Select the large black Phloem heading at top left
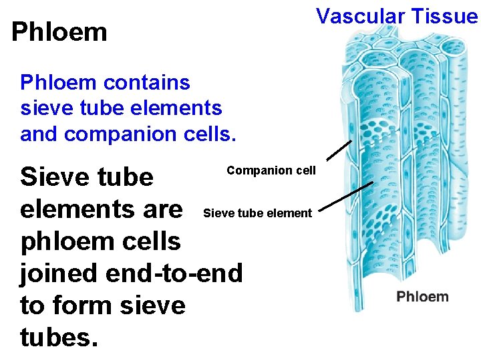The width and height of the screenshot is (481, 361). [59, 31]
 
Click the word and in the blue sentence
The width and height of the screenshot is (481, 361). [39, 134]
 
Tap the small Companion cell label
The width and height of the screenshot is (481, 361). [271, 170]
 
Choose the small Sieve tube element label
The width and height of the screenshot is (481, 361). [257, 213]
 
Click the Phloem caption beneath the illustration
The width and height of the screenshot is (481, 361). [422, 296]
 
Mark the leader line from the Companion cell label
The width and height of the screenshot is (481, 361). [339, 151]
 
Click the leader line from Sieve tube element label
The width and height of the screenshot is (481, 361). [348, 198]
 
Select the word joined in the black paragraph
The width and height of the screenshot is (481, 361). [62, 273]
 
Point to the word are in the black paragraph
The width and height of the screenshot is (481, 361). [158, 209]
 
